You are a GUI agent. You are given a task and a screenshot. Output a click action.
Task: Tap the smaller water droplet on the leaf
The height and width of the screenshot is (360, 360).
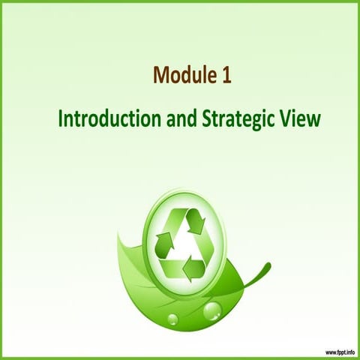pos(172,319)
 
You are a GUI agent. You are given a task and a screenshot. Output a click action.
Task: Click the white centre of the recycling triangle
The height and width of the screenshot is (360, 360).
pos(181,244)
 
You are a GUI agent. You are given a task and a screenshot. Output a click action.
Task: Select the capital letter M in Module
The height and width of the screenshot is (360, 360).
pos(160,75)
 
